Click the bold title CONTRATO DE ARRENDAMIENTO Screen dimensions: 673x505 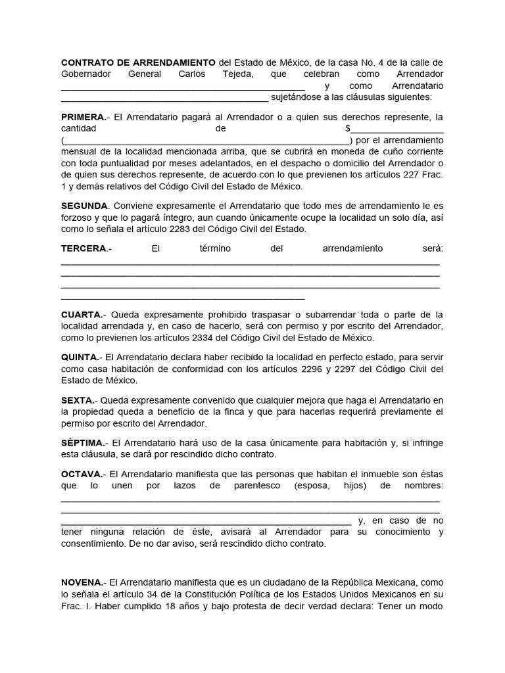[x=138, y=62]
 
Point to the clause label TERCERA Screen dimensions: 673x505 [x=84, y=248]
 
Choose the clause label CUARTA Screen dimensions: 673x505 [x=82, y=314]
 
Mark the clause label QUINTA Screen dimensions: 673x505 [x=80, y=357]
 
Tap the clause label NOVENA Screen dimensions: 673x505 [x=82, y=582]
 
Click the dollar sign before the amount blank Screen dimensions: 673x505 [x=348, y=129]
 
